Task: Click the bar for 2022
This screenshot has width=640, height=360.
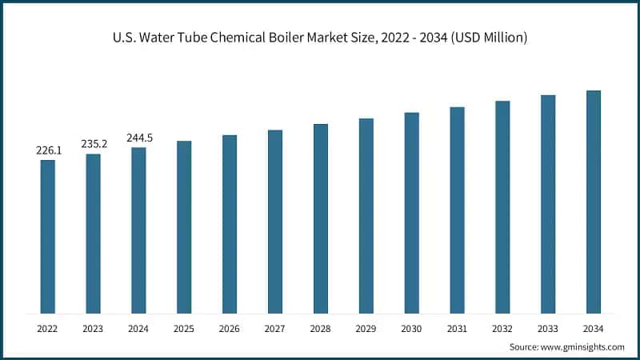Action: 48,237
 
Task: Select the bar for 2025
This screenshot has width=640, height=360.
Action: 184,227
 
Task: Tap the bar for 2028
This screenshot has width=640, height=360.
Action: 321,218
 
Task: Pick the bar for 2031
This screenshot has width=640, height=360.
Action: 457,210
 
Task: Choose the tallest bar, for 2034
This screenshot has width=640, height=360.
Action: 593,202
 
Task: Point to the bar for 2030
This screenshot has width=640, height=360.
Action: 411,213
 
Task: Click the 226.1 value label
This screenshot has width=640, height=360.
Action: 48,150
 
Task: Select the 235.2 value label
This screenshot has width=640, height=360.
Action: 94,144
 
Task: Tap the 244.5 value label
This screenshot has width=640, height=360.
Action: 139,138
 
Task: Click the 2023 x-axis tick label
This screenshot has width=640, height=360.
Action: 94,328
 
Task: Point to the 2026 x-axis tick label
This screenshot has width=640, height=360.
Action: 230,328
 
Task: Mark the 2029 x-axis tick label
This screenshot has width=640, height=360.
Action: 366,328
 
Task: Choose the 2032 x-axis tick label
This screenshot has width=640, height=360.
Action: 502,328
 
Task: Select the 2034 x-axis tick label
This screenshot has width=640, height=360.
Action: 593,328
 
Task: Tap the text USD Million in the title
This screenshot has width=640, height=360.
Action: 490,38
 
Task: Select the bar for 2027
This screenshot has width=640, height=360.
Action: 275,222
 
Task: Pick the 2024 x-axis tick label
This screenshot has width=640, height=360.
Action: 139,328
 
